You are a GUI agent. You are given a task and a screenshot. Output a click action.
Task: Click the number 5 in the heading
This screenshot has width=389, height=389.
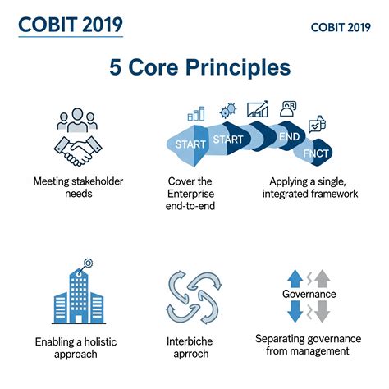tap(118, 68)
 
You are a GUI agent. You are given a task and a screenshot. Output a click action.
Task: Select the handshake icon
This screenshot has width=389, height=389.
tap(76, 149)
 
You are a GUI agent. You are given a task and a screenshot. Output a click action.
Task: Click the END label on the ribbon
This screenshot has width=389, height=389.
tap(288, 137)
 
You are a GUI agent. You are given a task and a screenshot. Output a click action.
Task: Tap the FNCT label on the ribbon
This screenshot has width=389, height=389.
tap(316, 153)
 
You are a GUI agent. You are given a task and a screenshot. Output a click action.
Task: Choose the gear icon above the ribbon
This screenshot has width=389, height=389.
tap(227, 109)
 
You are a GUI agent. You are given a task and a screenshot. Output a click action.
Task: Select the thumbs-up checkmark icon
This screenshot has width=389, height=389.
tap(317, 126)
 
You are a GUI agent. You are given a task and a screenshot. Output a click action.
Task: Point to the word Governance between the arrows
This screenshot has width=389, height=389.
tap(309, 293)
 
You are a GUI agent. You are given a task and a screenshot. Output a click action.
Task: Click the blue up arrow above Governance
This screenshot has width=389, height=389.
tap(295, 277)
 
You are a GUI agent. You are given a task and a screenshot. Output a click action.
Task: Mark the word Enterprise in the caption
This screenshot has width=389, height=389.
tap(195, 194)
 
